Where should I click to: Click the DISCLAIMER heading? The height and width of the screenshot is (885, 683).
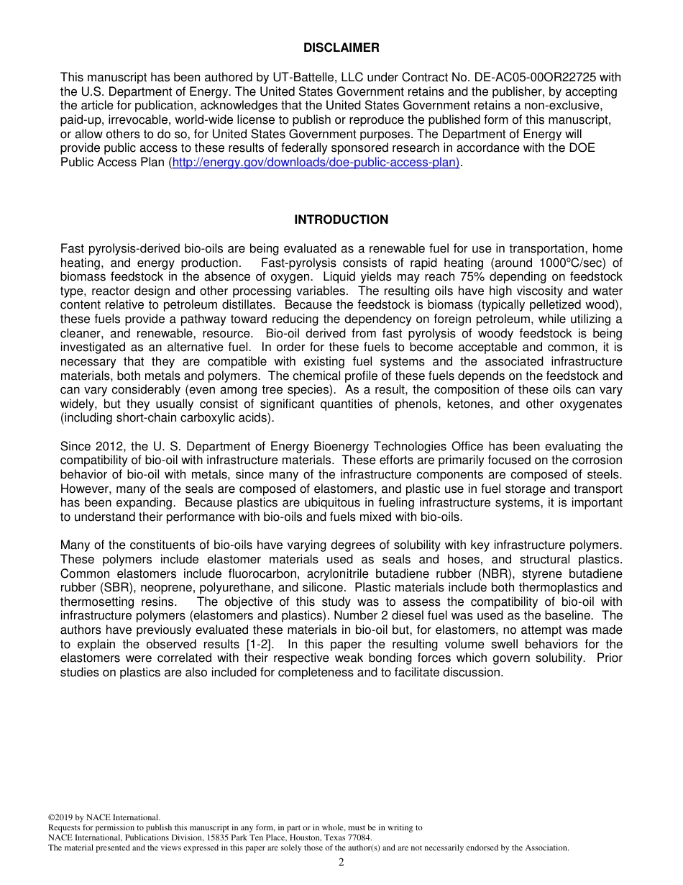point(341,48)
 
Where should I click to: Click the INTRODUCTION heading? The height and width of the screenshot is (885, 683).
point(341,220)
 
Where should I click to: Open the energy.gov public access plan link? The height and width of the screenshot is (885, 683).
point(316,163)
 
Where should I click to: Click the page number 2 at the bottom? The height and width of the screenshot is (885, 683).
point(341,863)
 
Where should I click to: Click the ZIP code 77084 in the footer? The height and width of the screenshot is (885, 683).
point(357,838)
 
